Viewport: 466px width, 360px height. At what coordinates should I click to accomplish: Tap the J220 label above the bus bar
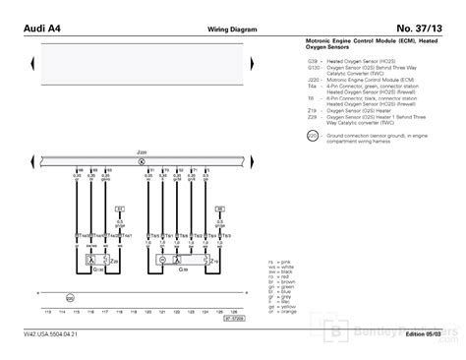click(x=141, y=152)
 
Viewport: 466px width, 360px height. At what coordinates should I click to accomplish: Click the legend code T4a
click(x=312, y=87)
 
